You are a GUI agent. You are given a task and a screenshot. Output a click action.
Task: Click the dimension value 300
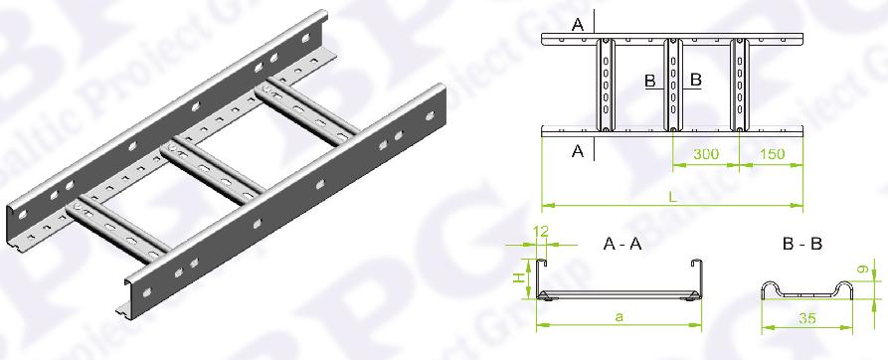click(x=706, y=154)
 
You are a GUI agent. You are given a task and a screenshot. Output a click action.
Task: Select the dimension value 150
click(x=772, y=154)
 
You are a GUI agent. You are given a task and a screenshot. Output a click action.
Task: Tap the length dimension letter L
click(x=672, y=198)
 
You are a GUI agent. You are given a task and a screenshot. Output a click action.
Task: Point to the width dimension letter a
click(x=619, y=317)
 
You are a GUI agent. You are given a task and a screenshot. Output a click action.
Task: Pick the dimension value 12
click(x=540, y=233)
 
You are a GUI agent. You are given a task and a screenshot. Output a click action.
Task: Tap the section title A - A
click(x=622, y=244)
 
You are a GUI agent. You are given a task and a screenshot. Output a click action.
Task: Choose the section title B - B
click(x=801, y=244)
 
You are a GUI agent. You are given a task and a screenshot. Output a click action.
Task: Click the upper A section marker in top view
click(x=578, y=24)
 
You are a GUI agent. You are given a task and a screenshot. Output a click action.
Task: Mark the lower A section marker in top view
click(x=578, y=151)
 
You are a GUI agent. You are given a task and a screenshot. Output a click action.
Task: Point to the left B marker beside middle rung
click(x=650, y=81)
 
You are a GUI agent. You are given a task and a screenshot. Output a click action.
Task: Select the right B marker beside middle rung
click(x=696, y=81)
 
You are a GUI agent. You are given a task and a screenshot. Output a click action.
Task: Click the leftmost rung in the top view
click(x=606, y=85)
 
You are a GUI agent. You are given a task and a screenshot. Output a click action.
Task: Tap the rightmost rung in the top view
click(x=740, y=85)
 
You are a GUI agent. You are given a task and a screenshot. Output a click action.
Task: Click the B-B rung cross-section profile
click(x=806, y=290)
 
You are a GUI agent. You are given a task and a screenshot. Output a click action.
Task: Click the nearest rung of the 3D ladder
click(x=117, y=228)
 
